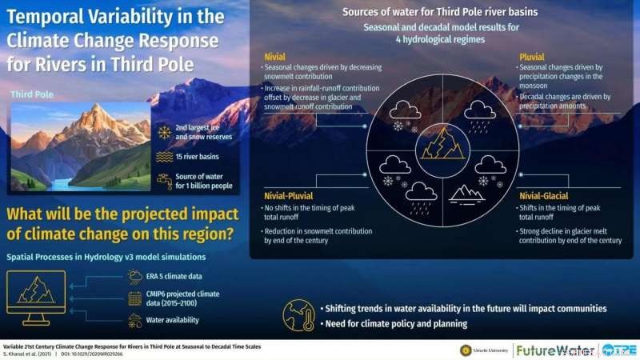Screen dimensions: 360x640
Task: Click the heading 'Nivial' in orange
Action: tap(274, 58)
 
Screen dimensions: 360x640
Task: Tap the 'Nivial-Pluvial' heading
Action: tap(289, 194)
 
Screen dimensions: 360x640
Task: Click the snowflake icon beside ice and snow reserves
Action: tap(165, 133)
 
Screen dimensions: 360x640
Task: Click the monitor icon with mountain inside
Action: tap(36, 294)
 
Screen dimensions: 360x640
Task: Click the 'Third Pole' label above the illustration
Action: tap(33, 94)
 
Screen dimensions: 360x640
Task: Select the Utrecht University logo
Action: tap(484, 350)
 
